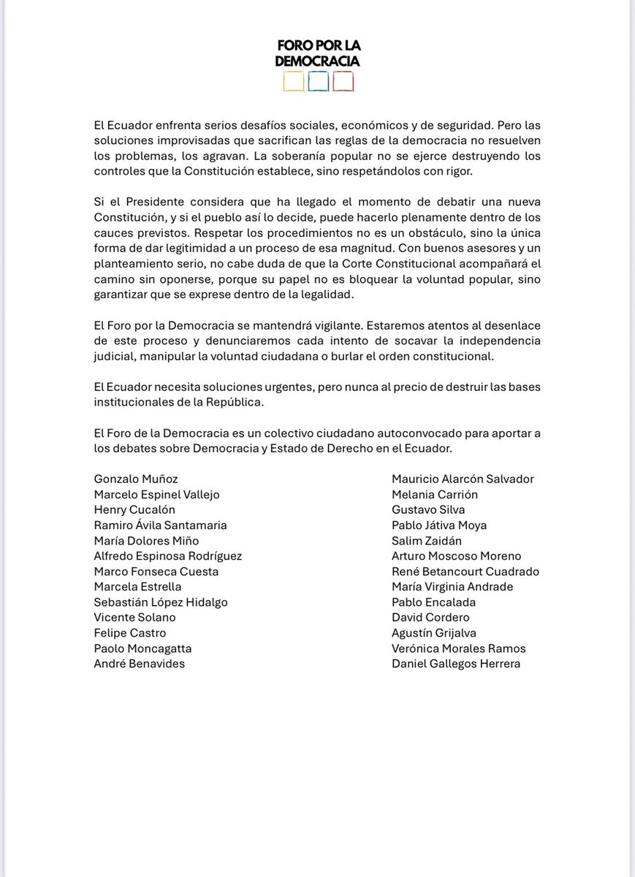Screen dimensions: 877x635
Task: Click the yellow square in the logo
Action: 293,81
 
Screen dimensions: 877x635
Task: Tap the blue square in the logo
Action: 318,81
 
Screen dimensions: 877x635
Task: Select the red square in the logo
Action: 343,81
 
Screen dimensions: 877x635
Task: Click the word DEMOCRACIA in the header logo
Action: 317,62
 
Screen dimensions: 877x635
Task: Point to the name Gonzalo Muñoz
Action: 136,479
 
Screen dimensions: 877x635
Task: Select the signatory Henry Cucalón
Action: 134,509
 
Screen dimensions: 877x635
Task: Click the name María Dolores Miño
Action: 146,540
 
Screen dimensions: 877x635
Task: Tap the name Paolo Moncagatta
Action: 142,648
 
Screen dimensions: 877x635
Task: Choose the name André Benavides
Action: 140,663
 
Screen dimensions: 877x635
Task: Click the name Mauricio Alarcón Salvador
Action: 463,479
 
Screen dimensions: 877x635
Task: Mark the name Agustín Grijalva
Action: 434,632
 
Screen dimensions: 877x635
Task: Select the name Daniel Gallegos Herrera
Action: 456,663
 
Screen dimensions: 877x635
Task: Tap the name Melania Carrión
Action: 435,494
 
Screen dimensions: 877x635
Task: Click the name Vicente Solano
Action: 134,617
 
